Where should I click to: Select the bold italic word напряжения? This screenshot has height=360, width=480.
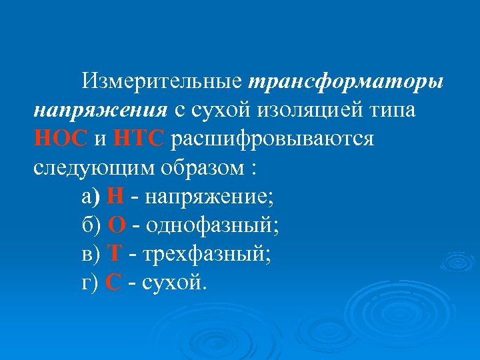100,109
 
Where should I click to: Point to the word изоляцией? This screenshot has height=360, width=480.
314,109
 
